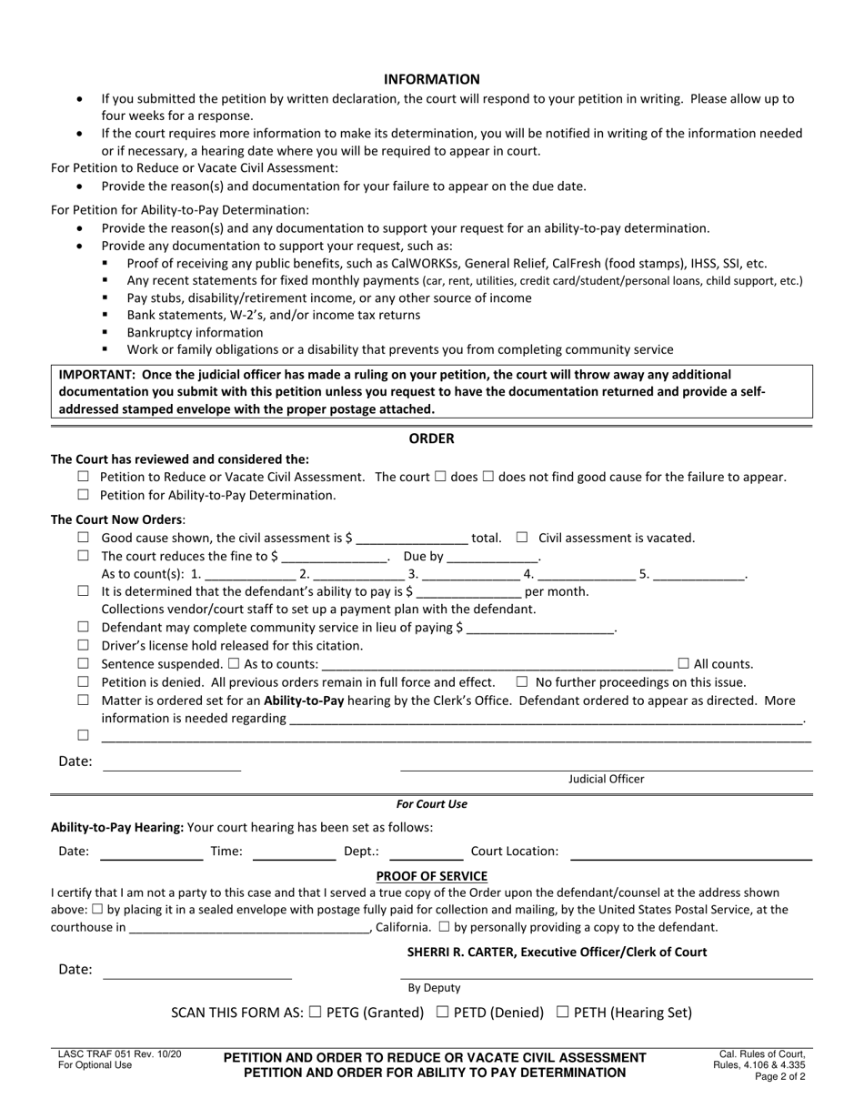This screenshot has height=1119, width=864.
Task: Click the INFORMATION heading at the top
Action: tap(431, 79)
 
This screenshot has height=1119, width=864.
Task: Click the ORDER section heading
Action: tap(431, 439)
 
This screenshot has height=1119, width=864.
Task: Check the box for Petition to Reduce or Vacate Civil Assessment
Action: tap(84, 477)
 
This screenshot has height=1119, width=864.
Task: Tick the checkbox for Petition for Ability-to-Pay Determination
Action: tap(84, 495)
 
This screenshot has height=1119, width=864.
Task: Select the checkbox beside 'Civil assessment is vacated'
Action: tap(522, 538)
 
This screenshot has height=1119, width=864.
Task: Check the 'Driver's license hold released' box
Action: tap(84, 645)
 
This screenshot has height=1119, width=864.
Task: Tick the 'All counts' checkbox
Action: tap(684, 664)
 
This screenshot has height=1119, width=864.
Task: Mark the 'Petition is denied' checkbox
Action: tap(84, 682)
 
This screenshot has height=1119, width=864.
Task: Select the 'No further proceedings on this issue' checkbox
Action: tap(522, 682)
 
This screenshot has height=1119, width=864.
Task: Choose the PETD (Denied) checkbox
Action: tap(443, 1012)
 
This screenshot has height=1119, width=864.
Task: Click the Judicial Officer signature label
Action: tap(606, 779)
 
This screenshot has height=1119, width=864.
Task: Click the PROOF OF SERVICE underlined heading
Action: tap(431, 876)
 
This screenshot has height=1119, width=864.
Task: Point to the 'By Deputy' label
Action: tap(434, 987)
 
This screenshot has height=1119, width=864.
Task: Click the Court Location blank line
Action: tap(690, 852)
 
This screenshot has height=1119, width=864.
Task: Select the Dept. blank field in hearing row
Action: tap(426, 852)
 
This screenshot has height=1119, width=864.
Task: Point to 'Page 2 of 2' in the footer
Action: tap(779, 1075)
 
